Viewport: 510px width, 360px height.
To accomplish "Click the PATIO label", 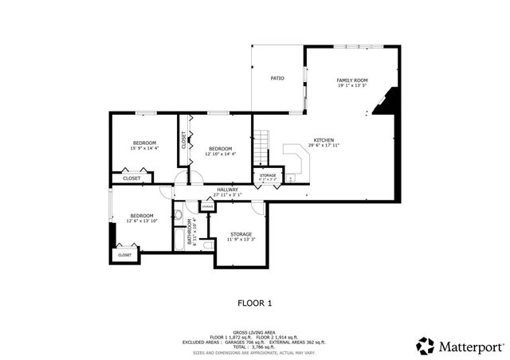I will (277, 79).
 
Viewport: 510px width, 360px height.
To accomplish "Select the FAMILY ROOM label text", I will (351, 80).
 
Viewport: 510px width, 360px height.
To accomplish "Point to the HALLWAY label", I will (227, 190).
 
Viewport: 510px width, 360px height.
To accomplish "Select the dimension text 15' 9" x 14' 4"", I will (144, 148).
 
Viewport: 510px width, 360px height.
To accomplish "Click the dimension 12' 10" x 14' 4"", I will (220, 154).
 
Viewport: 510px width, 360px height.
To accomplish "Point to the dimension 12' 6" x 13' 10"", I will (142, 220).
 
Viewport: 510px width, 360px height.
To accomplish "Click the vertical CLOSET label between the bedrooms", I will (184, 141).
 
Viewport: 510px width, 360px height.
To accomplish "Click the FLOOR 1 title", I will (255, 303).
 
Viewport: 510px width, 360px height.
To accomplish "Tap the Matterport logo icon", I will (426, 344).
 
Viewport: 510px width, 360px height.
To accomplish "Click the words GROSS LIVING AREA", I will (254, 332).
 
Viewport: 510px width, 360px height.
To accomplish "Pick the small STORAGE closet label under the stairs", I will (268, 175).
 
